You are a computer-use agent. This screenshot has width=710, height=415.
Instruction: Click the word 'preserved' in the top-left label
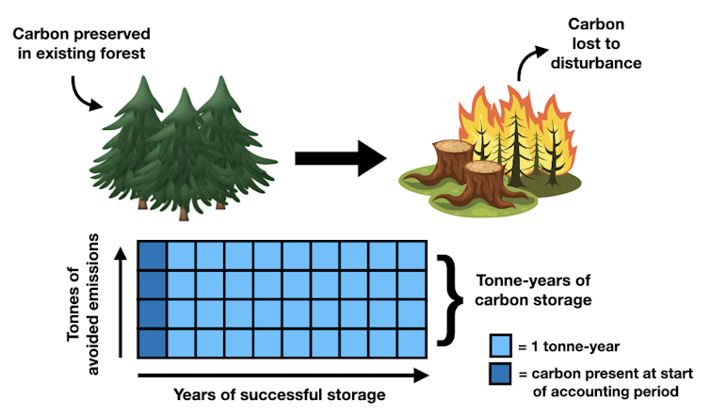105,35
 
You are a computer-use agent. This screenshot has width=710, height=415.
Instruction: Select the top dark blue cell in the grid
152,255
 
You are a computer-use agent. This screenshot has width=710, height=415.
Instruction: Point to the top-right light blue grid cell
412,255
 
